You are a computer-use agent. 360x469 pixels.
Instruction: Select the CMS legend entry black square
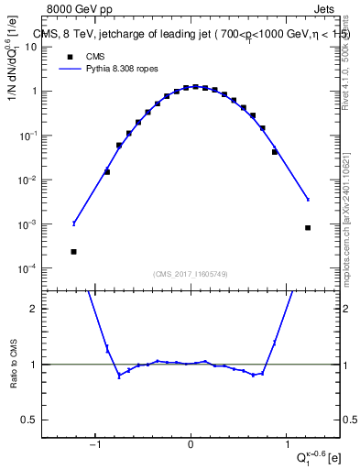pyautogui.click(x=68, y=56)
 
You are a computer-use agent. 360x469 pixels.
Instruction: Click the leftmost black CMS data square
pyautogui.click(x=73, y=251)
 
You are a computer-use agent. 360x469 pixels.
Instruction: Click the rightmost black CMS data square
pyautogui.click(x=308, y=227)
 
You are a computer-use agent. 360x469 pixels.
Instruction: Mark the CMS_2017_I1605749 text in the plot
pyautogui.click(x=191, y=274)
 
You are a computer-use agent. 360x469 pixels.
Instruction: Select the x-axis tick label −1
pyautogui.click(x=94, y=446)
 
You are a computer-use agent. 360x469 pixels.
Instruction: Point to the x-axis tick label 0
pyautogui.click(x=191, y=446)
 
